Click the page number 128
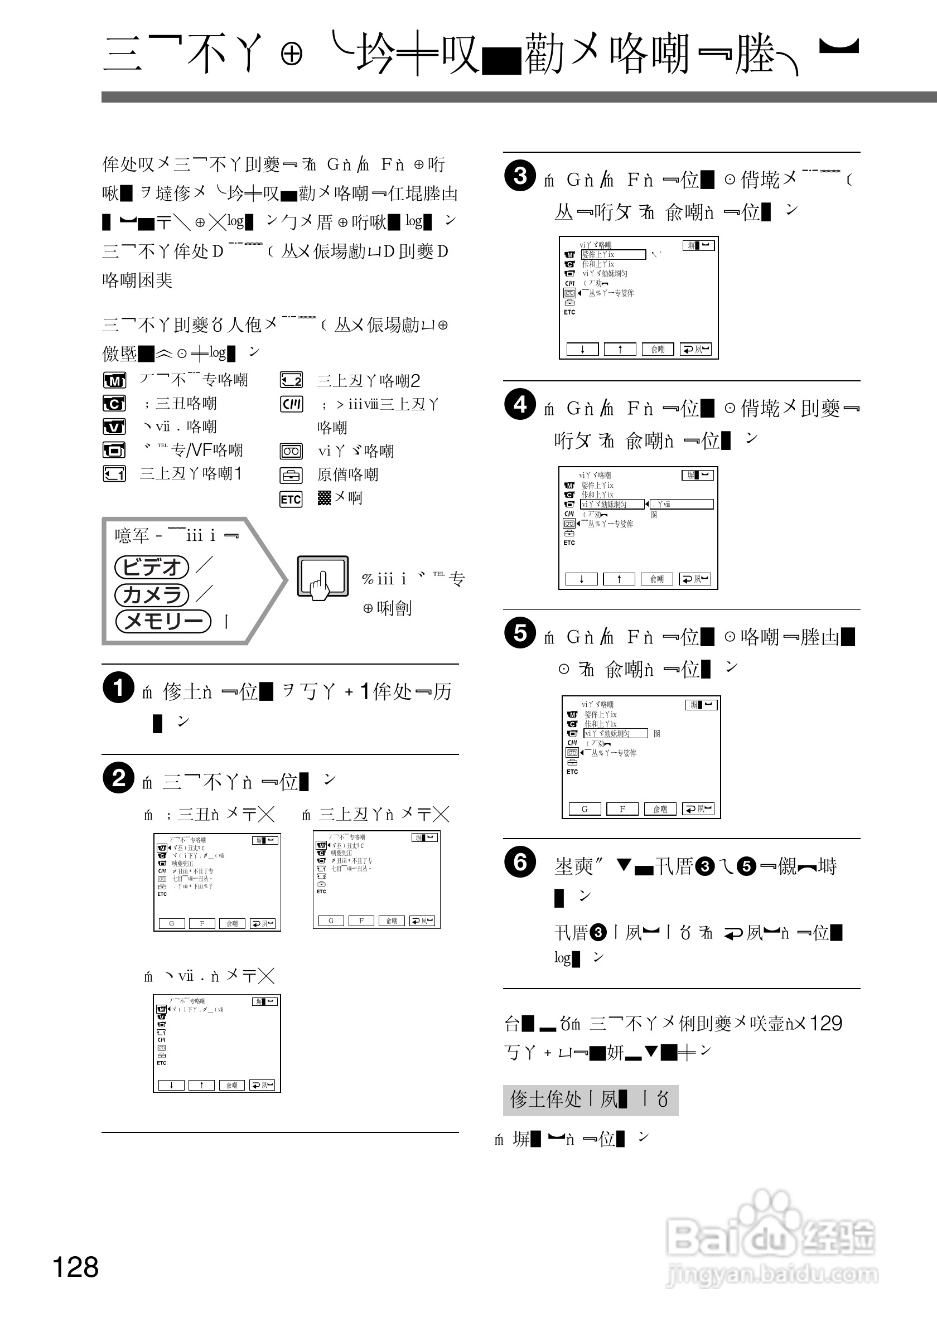tap(76, 1267)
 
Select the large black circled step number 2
tap(118, 778)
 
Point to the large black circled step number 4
tap(520, 404)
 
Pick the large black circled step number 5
tap(520, 632)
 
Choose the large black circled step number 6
tap(520, 862)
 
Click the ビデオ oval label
tap(152, 567)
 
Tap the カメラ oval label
tap(152, 595)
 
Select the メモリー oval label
tap(163, 621)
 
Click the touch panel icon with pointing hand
tap(322, 576)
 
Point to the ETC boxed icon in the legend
tap(291, 499)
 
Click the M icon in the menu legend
tap(114, 380)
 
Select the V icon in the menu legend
tap(114, 427)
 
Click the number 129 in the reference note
tap(825, 1023)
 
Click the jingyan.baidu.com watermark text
tap(772, 1274)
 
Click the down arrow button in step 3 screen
tap(582, 349)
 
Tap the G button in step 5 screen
tap(585, 808)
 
